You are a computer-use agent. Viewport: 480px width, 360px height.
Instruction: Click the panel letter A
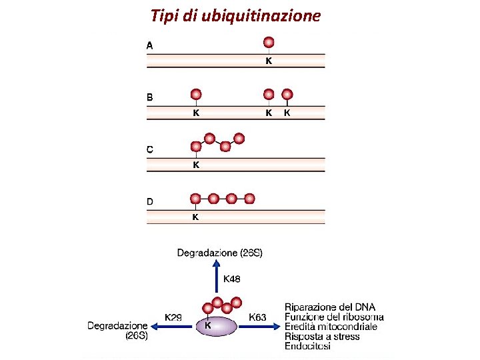point(150,45)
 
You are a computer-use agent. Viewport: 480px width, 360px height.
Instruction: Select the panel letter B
point(150,97)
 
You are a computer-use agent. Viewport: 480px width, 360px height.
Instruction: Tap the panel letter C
point(150,149)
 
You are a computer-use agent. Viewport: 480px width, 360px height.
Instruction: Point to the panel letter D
point(150,201)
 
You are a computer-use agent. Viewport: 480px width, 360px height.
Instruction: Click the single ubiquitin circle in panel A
point(269,43)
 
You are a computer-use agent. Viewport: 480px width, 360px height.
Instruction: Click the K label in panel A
point(269,61)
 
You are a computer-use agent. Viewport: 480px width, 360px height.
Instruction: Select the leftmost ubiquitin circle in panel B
point(196,95)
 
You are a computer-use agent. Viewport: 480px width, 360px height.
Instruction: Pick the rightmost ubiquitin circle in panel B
point(287,95)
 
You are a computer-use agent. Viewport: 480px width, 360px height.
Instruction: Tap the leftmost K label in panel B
point(196,113)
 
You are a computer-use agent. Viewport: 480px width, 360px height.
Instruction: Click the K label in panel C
point(196,165)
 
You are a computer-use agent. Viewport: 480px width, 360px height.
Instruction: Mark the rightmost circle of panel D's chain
point(249,198)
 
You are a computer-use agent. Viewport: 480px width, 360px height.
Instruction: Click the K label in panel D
point(195,217)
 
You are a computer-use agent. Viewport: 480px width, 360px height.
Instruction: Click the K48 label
point(232,279)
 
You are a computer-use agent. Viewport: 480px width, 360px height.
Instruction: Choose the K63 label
point(257,317)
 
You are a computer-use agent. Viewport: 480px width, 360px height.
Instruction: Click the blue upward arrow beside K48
point(216,277)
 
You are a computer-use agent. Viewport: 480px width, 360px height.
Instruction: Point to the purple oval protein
point(216,327)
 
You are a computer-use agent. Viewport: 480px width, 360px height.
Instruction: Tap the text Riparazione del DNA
point(329,307)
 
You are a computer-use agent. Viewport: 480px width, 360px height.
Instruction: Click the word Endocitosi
point(308,346)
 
